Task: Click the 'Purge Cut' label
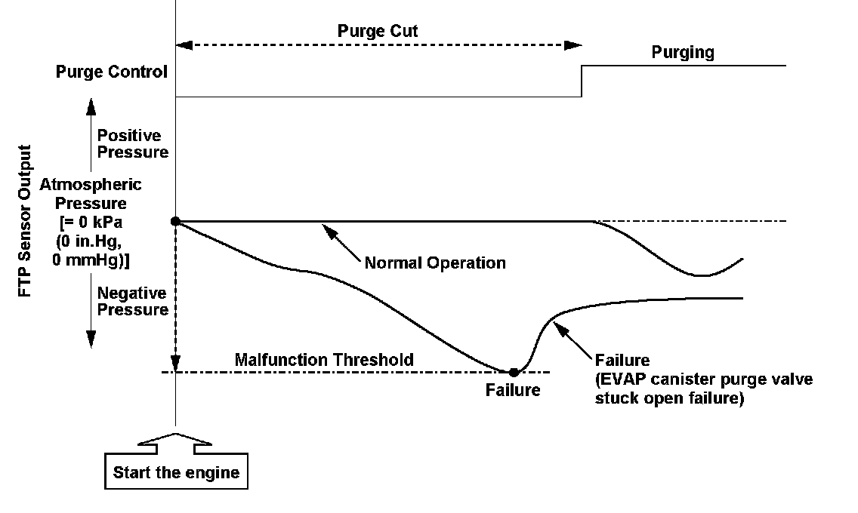[x=378, y=32]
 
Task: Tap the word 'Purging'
[x=683, y=53]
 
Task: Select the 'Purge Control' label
[x=112, y=72]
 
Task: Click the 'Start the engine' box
[x=176, y=473]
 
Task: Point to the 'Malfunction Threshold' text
[x=324, y=360]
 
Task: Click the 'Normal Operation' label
[x=434, y=263]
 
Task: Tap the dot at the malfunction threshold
[x=514, y=372]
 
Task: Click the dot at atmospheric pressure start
[x=176, y=221]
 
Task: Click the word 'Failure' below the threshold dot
[x=514, y=390]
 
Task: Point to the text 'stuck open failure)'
[x=670, y=398]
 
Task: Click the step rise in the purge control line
[x=582, y=81]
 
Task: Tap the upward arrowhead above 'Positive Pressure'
[x=90, y=103]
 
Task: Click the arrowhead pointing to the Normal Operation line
[x=326, y=227]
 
